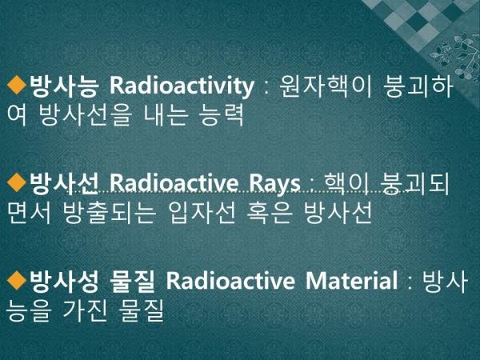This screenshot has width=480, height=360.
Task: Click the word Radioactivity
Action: [x=182, y=86]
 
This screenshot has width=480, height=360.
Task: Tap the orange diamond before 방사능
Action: [x=17, y=85]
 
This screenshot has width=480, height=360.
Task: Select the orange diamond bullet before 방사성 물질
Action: [x=17, y=280]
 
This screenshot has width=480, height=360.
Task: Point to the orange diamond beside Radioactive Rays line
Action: [x=17, y=182]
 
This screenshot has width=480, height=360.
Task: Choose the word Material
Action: [x=351, y=280]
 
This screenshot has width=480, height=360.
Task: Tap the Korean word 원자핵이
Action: [x=326, y=86]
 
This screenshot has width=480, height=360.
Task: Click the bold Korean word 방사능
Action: [x=64, y=86]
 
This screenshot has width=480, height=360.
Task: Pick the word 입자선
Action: [x=202, y=213]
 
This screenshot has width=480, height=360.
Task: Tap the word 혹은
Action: [x=270, y=213]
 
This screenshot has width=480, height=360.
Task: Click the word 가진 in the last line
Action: [x=85, y=310]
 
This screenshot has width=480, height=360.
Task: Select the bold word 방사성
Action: [x=64, y=282]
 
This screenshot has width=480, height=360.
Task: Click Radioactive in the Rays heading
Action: [x=174, y=183]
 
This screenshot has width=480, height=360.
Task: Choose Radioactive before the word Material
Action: [x=230, y=280]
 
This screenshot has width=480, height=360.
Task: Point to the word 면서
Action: [x=29, y=213]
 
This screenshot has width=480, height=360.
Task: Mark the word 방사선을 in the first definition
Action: [x=86, y=114]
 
